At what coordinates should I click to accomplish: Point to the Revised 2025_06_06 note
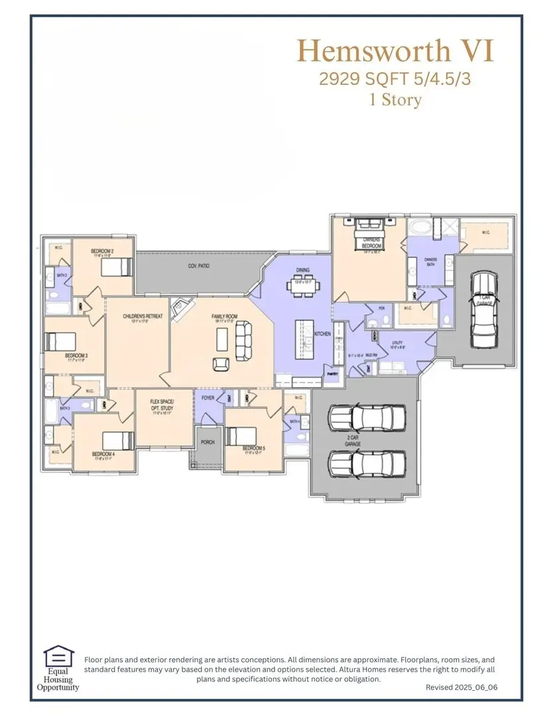point(461,687)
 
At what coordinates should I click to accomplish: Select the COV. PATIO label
point(198,266)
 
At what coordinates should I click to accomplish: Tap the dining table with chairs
point(303,287)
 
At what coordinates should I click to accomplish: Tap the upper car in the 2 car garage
point(367,418)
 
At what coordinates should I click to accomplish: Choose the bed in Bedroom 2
point(117,267)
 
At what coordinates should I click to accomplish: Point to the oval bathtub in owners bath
point(420,228)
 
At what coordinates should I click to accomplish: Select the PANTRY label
point(332,374)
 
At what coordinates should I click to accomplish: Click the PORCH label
point(208,442)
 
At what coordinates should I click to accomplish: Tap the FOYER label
point(207,397)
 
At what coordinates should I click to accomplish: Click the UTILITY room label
point(397,343)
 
